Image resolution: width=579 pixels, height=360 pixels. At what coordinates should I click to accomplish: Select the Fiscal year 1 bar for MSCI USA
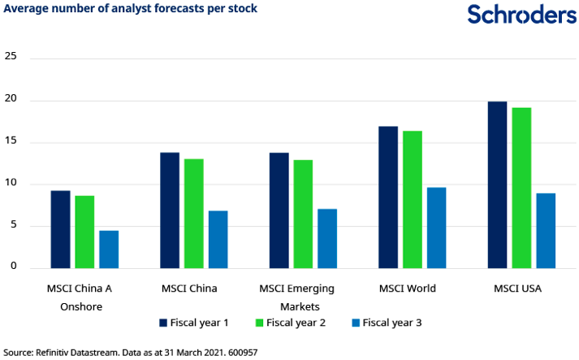tap(497, 185)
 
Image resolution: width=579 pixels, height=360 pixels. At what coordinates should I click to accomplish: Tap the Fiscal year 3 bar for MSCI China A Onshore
tap(109, 249)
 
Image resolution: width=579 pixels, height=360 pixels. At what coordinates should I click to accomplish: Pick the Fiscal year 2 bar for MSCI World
tap(413, 200)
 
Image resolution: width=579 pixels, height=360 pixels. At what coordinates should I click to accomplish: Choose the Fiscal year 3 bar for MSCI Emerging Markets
tap(327, 239)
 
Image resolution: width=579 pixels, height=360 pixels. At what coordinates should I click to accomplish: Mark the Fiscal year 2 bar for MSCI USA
tap(521, 188)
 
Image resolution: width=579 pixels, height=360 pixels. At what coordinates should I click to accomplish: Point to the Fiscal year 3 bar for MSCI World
tap(437, 228)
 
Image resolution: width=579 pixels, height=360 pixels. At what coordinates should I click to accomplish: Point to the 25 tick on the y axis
tap(11, 57)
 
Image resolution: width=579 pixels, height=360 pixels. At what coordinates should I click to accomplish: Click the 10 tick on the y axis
tap(11, 184)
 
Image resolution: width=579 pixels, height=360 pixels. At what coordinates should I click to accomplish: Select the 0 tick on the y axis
tap(14, 267)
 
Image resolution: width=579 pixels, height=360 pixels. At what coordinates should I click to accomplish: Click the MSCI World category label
tap(412, 288)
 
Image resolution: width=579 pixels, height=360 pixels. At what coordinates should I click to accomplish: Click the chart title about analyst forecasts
tap(131, 9)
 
